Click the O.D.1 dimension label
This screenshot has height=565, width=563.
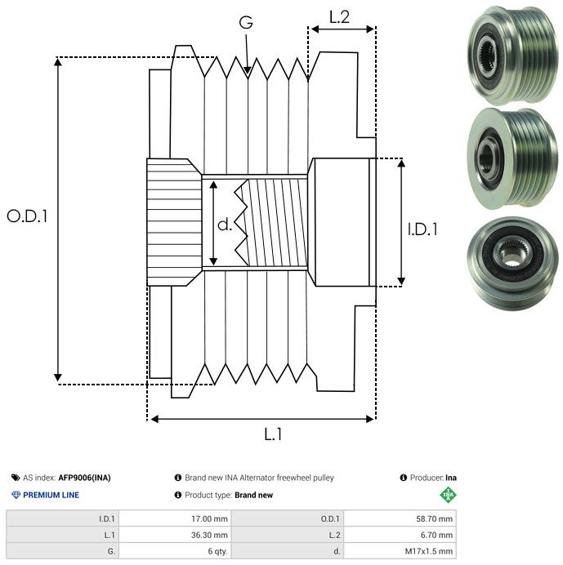click(x=28, y=216)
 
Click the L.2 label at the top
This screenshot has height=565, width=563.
click(x=339, y=17)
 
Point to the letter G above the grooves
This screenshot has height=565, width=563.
click(x=245, y=23)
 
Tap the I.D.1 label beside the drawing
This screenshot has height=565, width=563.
click(x=422, y=229)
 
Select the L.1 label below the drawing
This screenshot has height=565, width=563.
click(x=273, y=434)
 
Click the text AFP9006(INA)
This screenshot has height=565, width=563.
click(x=86, y=478)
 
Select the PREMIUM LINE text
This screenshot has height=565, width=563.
click(x=51, y=495)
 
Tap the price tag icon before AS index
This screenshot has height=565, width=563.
click(x=16, y=478)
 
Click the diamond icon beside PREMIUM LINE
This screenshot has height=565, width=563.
click(x=16, y=495)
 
